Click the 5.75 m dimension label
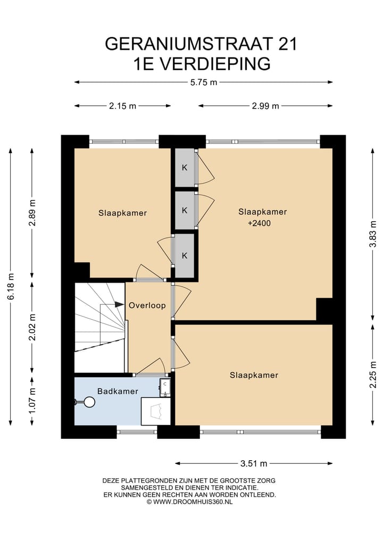(204, 82)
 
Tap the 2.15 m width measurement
(122, 106)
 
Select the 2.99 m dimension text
(265, 106)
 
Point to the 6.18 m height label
(11, 286)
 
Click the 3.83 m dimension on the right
(373, 234)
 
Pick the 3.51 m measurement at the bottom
(254, 463)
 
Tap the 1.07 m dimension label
(32, 401)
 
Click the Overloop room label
(147, 305)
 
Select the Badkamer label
(118, 392)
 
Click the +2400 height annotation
(259, 223)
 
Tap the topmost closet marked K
(185, 168)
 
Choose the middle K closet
(185, 211)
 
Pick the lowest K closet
(185, 256)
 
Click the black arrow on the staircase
(119, 304)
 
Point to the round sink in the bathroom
(89, 402)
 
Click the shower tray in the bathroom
(156, 411)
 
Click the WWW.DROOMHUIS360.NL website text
(193, 502)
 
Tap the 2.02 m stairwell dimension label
(32, 327)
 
